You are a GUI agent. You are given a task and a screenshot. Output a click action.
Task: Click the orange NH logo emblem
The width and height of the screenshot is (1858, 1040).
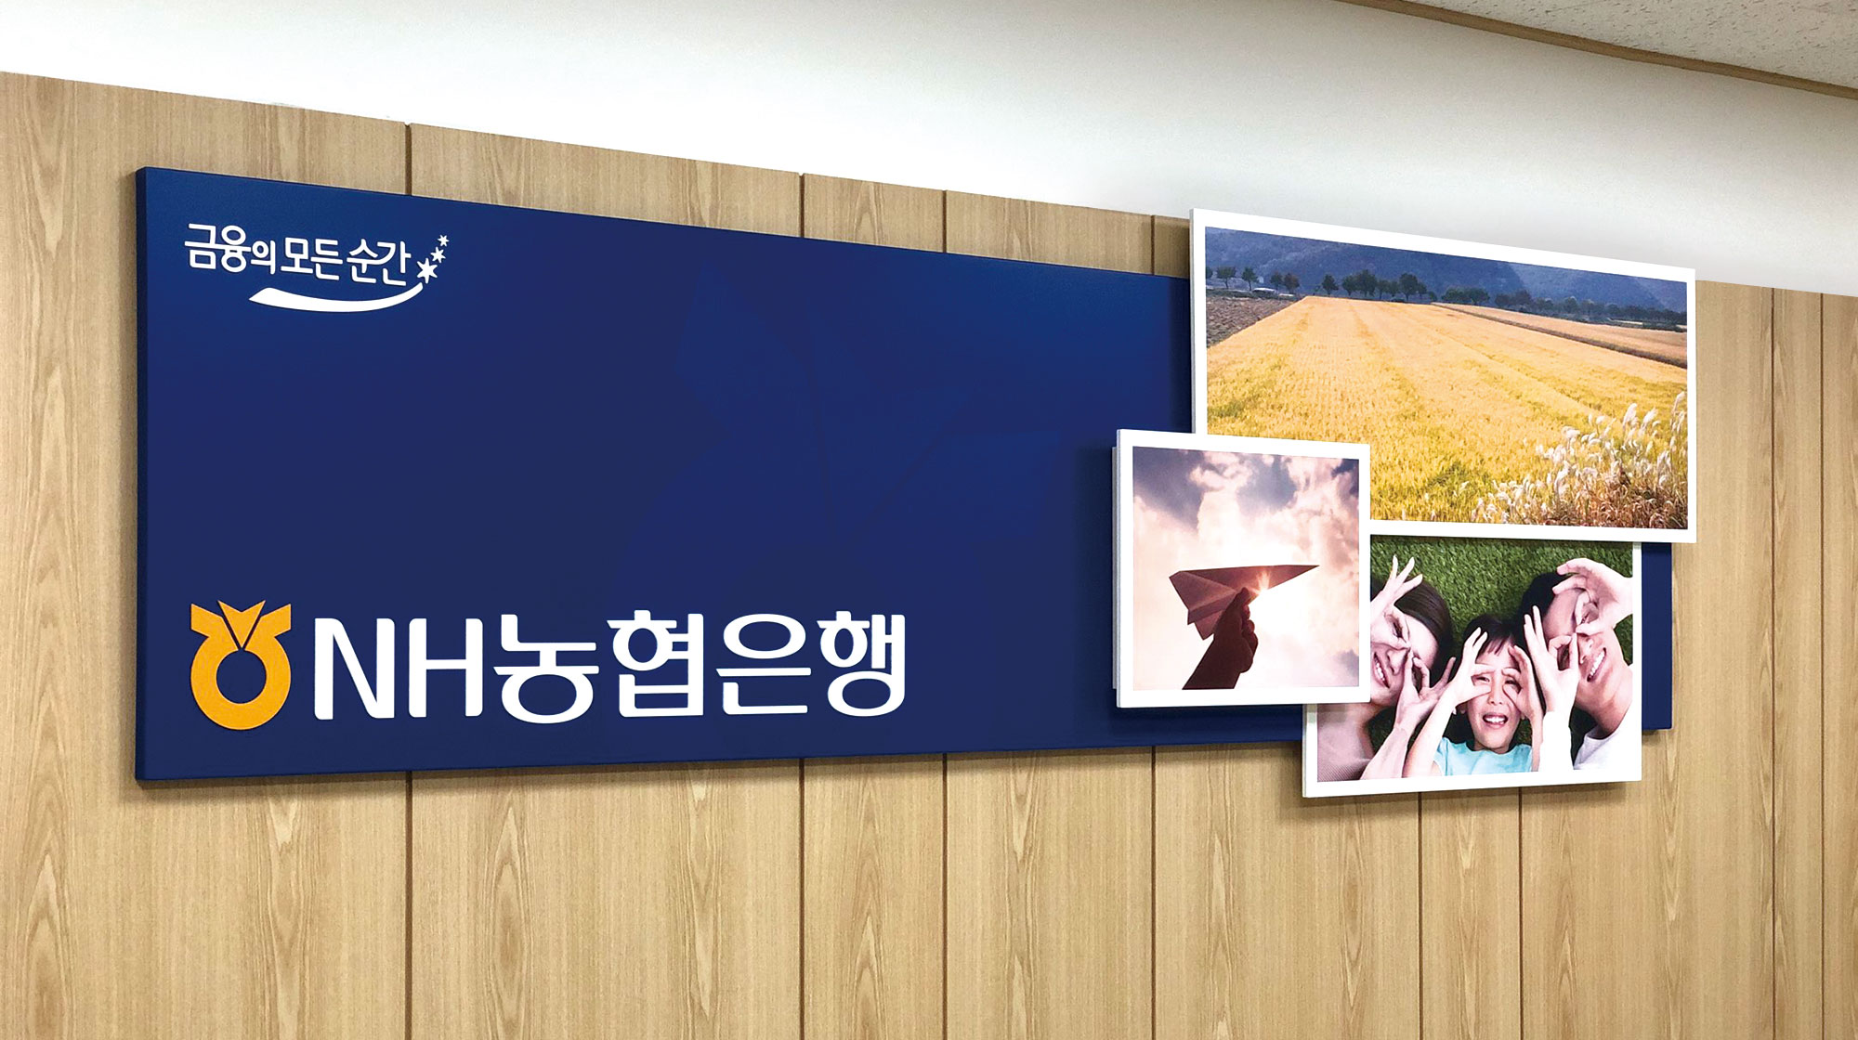[x=240, y=664]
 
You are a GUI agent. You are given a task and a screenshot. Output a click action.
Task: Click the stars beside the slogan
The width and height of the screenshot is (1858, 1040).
[x=435, y=255]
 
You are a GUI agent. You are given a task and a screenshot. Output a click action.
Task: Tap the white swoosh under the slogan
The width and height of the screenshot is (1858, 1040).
[x=334, y=296]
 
